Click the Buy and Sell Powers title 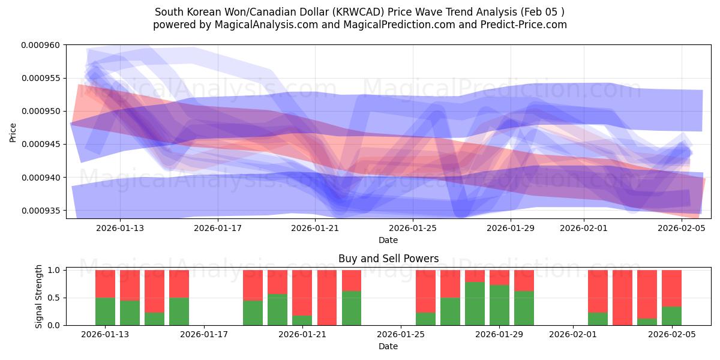pos(388,259)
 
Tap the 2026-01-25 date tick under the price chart pos(413,228)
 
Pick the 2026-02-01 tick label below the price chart pos(584,228)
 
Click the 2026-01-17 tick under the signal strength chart pos(205,335)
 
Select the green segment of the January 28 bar pos(475,304)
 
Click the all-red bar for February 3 pos(622,297)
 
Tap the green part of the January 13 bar pos(106,311)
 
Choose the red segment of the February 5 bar pos(671,288)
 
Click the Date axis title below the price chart pos(388,240)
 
